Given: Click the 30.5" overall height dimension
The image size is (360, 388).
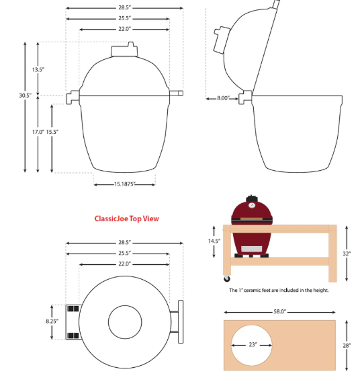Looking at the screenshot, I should click(x=25, y=95).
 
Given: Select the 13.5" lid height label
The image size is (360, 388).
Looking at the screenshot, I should click(x=38, y=69).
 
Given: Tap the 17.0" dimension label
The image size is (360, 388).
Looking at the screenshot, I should click(x=38, y=132).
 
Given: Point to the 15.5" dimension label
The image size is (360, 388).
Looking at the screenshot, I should click(x=52, y=132).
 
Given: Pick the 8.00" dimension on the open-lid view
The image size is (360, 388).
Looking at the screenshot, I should click(x=223, y=98).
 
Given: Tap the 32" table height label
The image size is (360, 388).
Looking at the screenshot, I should click(x=347, y=254).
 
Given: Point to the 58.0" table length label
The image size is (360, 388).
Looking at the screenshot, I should click(x=279, y=312).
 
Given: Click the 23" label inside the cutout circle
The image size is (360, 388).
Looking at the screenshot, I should click(x=252, y=345).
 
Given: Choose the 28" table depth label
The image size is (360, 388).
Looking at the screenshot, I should click(x=347, y=345).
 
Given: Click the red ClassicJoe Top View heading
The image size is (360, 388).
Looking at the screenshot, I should click(x=127, y=219).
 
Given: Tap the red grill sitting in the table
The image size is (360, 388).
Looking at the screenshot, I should click(x=252, y=225).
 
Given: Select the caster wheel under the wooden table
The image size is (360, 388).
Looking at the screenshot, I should click(x=228, y=278).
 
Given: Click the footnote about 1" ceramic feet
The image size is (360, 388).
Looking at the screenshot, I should click(x=279, y=290).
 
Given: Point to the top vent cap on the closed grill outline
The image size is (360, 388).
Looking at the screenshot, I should click(x=124, y=50).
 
